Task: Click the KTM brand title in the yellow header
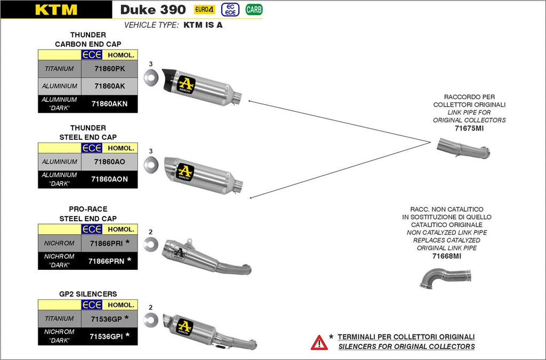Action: click(x=56, y=10)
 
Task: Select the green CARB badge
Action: click(x=254, y=9)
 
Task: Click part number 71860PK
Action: click(x=109, y=68)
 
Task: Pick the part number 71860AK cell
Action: click(x=109, y=86)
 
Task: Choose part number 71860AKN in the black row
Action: click(x=109, y=103)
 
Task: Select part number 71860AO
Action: click(x=109, y=162)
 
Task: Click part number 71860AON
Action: click(x=109, y=179)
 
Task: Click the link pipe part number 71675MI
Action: click(x=469, y=128)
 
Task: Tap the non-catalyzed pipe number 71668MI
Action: click(x=447, y=256)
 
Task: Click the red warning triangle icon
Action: click(x=319, y=342)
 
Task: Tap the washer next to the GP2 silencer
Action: click(x=151, y=319)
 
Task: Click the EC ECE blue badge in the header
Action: click(x=230, y=9)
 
